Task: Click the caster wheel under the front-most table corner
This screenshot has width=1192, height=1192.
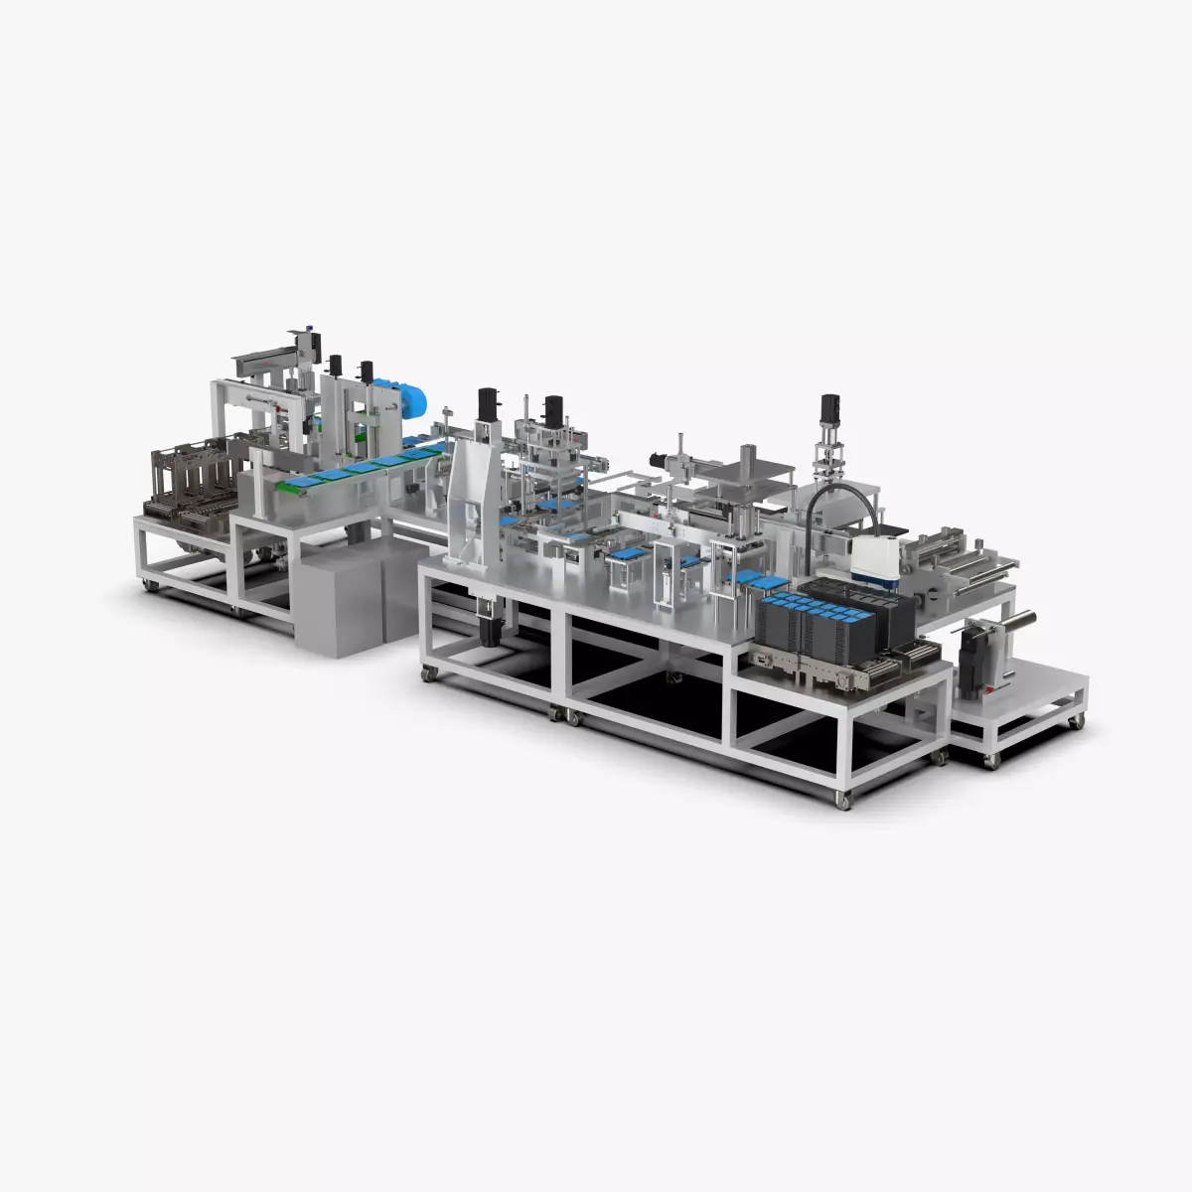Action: [843, 799]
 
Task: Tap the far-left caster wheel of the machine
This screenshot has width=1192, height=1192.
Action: [150, 584]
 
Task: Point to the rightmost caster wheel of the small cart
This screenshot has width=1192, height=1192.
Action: [1076, 721]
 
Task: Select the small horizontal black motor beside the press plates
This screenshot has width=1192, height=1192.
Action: [657, 458]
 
